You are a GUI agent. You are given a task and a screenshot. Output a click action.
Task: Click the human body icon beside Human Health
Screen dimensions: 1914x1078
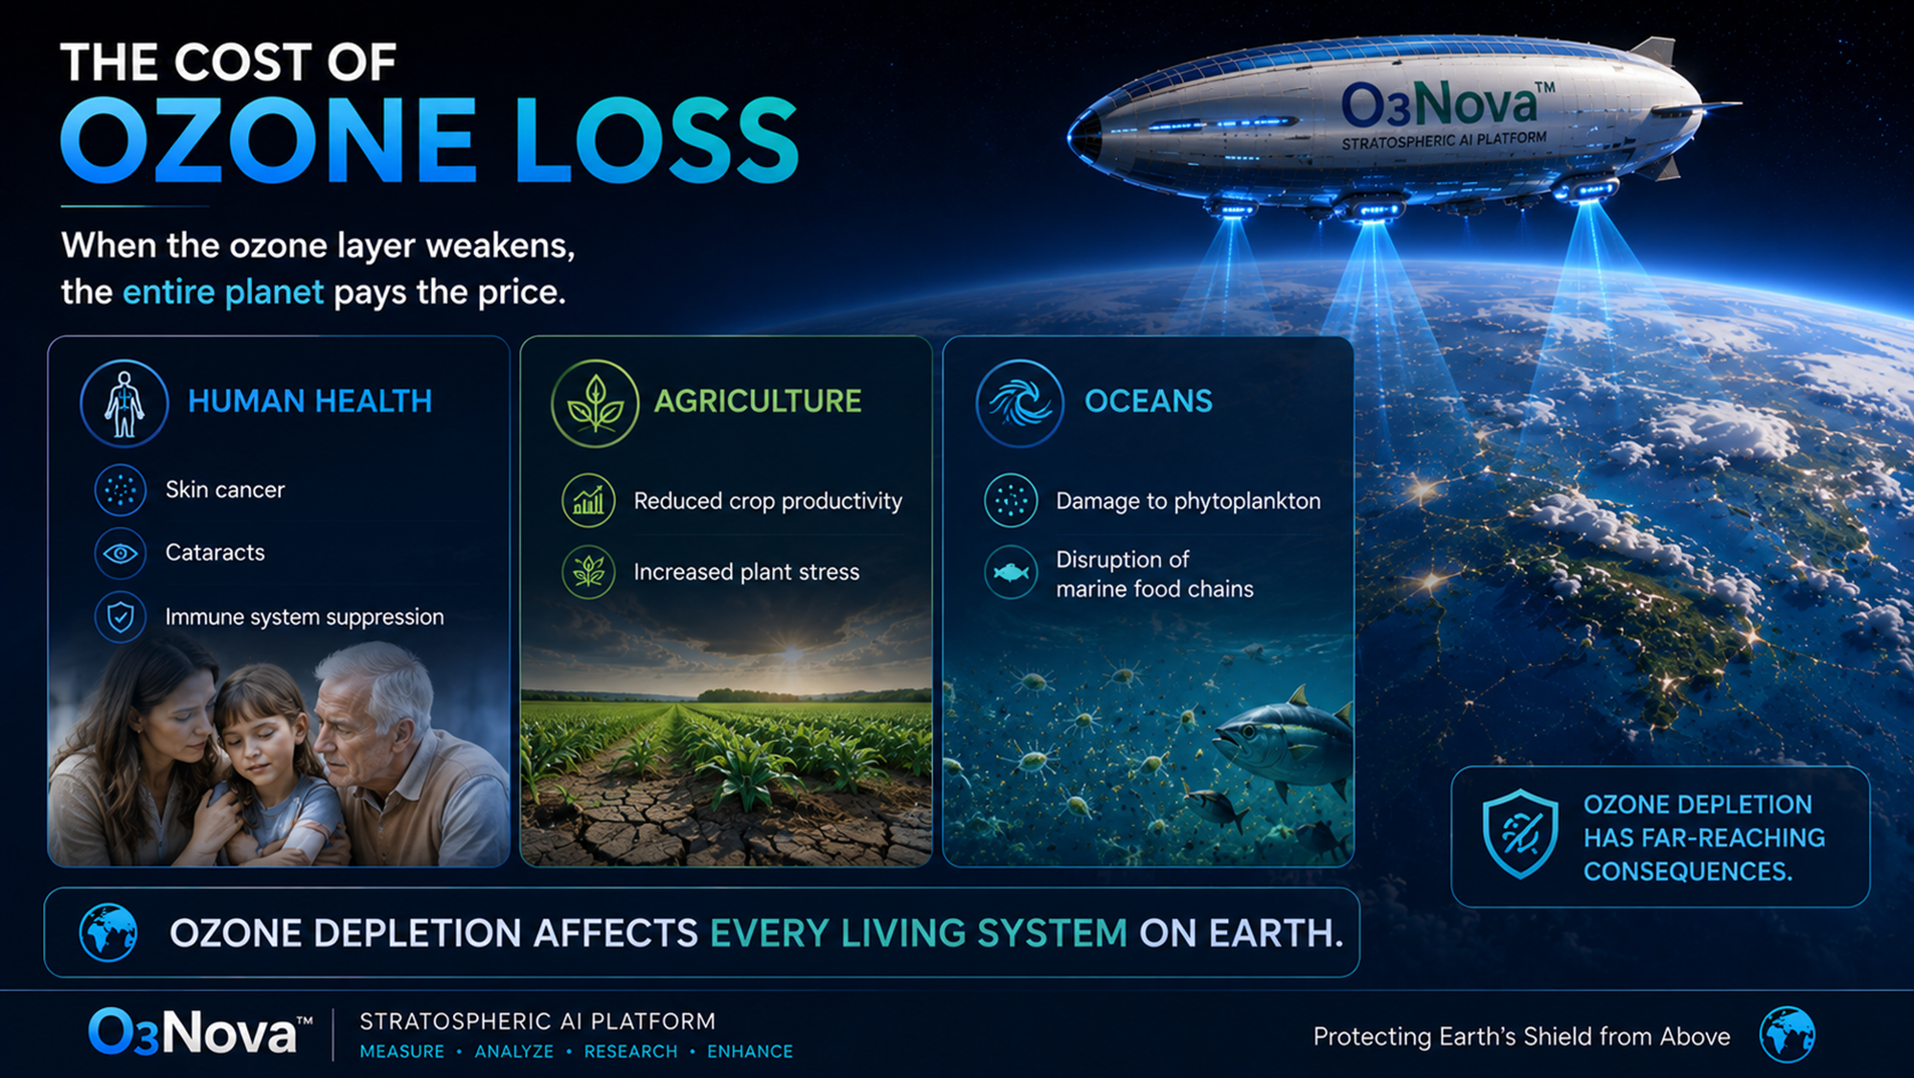coord(125,403)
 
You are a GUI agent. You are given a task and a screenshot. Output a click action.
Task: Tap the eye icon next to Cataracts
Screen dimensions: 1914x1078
coord(121,553)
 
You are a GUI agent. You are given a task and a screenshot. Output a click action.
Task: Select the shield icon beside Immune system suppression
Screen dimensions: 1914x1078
coord(121,617)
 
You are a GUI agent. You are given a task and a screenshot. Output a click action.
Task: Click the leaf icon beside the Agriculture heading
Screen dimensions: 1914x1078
coord(595,403)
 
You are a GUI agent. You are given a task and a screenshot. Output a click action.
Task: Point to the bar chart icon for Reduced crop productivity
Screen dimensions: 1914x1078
coord(588,500)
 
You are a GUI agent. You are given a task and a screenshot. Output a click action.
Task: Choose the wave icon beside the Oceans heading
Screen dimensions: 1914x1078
coord(1019,403)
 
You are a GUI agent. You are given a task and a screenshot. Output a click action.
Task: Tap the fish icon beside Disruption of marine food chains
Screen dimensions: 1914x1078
coord(1011,573)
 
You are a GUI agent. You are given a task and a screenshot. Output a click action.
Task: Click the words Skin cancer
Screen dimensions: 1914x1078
coord(225,490)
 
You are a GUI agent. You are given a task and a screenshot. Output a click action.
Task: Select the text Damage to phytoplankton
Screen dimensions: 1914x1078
coord(1188,501)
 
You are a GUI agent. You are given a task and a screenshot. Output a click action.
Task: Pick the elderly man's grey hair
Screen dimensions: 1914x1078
coord(378,676)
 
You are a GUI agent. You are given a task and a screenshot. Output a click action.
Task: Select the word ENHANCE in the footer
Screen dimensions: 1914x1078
coord(750,1051)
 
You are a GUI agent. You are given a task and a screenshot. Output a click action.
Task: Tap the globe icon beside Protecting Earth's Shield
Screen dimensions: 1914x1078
coord(1787,1035)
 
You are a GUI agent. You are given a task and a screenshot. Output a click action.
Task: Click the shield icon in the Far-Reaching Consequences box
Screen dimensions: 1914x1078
coord(1520,833)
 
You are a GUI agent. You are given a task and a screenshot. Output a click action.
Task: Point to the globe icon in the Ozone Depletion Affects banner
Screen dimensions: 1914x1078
coord(108,932)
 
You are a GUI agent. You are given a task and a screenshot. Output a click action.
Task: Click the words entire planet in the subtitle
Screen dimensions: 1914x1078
coord(223,292)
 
